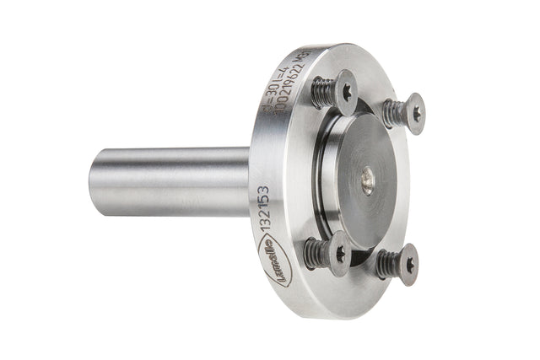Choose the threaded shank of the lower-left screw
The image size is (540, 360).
[316, 251]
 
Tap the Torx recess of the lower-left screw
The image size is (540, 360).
[340, 252]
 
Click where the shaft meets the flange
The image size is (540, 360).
[250, 179]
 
